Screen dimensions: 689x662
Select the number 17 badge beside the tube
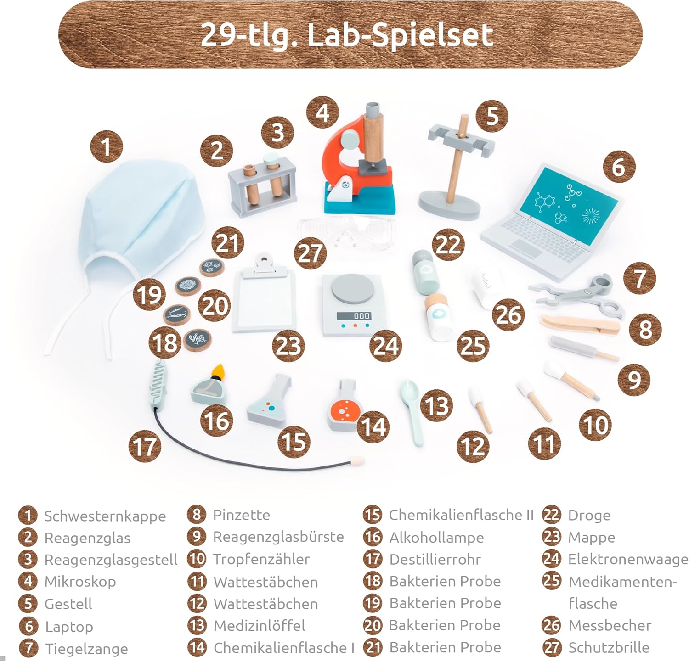click(x=145, y=446)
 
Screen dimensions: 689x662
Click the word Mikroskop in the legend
click(x=80, y=581)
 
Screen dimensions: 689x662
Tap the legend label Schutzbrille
click(x=609, y=647)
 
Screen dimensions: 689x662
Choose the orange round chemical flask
click(x=345, y=406)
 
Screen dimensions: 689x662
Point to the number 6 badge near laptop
click(x=618, y=166)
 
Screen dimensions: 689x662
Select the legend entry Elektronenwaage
click(x=628, y=559)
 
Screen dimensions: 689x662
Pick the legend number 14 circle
click(x=197, y=647)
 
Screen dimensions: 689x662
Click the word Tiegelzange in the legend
click(x=86, y=649)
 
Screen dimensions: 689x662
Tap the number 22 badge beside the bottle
click(x=448, y=244)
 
